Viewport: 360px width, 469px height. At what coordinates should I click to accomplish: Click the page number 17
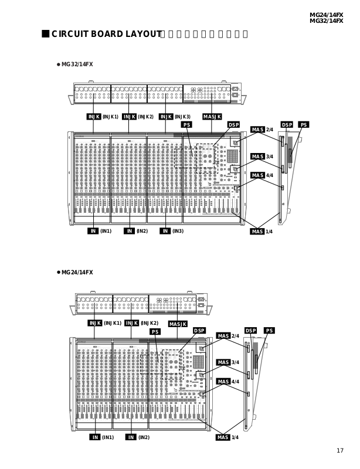point(340,450)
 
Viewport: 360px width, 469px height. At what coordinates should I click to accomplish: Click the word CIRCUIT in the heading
point(70,34)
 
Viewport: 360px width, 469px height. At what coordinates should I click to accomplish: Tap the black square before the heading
point(46,33)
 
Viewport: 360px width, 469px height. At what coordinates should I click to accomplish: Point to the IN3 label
point(172,231)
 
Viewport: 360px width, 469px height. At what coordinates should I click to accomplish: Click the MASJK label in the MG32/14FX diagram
point(212,117)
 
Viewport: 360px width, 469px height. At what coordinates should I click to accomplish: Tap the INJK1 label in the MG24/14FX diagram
point(105,323)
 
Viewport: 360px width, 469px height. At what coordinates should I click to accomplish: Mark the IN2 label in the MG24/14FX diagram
point(137,437)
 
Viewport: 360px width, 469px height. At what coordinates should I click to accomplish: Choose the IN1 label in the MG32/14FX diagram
point(99,231)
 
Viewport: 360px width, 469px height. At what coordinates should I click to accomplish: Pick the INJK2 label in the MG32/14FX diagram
point(138,117)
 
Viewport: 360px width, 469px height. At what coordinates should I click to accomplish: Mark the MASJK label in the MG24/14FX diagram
point(178,324)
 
